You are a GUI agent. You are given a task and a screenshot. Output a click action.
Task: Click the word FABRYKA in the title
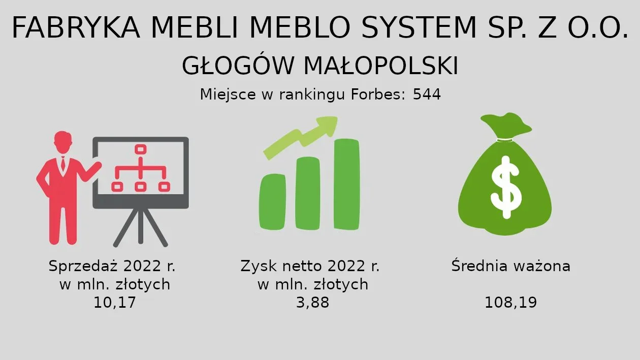pos(76,27)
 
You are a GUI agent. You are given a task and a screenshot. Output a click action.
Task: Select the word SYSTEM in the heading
pos(419,27)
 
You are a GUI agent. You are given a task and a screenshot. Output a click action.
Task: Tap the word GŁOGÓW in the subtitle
pos(238,66)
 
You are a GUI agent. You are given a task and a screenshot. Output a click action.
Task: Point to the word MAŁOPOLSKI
pos(381,66)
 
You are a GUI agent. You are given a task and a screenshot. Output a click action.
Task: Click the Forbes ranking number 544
pos(427,94)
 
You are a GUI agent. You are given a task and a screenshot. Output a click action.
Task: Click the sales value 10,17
pos(115,303)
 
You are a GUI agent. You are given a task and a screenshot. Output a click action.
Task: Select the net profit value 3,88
pos(312,303)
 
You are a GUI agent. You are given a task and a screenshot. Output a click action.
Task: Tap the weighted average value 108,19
pos(511,303)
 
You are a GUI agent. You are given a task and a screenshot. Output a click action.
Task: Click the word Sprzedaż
pos(83,266)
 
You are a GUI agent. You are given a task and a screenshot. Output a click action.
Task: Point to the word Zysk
pos(259,266)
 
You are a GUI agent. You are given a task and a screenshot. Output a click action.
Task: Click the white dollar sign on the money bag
pos(506,187)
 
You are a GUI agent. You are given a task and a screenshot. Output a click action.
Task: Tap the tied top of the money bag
pos(506,126)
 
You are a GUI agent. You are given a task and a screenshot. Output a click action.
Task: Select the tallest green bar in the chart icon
pos(346,184)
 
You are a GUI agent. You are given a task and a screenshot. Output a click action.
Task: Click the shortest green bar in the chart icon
pos(272,202)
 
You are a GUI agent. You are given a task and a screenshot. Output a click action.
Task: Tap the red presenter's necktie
pos(63,164)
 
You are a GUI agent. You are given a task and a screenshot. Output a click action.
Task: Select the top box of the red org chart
pos(141,149)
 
